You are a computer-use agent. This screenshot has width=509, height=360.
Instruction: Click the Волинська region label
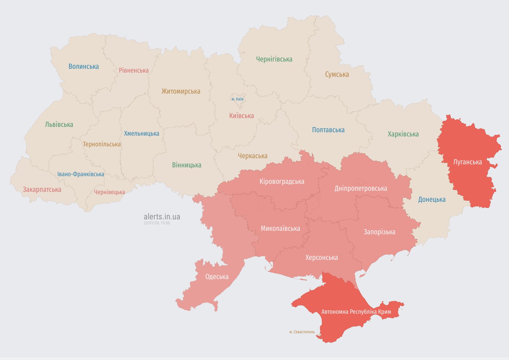(84, 66)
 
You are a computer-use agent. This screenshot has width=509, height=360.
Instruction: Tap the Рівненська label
(134, 70)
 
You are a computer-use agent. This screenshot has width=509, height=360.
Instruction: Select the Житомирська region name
(181, 91)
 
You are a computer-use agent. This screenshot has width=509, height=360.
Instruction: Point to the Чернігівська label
(274, 59)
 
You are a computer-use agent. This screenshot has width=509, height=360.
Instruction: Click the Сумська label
(337, 75)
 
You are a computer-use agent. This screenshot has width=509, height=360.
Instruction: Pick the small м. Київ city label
(237, 99)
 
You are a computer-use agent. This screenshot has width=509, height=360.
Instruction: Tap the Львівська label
(59, 125)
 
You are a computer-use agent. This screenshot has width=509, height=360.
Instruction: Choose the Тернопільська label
(102, 144)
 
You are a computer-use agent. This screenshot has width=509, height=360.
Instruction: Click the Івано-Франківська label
(81, 174)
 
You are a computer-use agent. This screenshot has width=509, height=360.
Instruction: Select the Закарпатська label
(42, 190)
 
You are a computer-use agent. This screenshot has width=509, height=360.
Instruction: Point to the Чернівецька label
(110, 192)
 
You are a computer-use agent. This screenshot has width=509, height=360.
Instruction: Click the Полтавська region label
(328, 130)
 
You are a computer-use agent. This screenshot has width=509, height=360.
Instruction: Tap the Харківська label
(403, 134)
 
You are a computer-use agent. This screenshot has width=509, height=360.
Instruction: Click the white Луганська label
(467, 162)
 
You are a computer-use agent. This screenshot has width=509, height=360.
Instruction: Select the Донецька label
(431, 199)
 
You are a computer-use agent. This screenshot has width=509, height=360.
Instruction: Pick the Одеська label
(217, 277)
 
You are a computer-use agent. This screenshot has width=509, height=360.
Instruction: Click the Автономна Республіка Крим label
(356, 312)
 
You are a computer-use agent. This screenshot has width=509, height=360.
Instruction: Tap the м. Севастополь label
(302, 332)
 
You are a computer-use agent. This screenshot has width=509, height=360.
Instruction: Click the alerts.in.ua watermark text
(162, 217)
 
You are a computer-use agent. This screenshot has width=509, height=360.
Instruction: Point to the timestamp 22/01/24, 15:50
(157, 223)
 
